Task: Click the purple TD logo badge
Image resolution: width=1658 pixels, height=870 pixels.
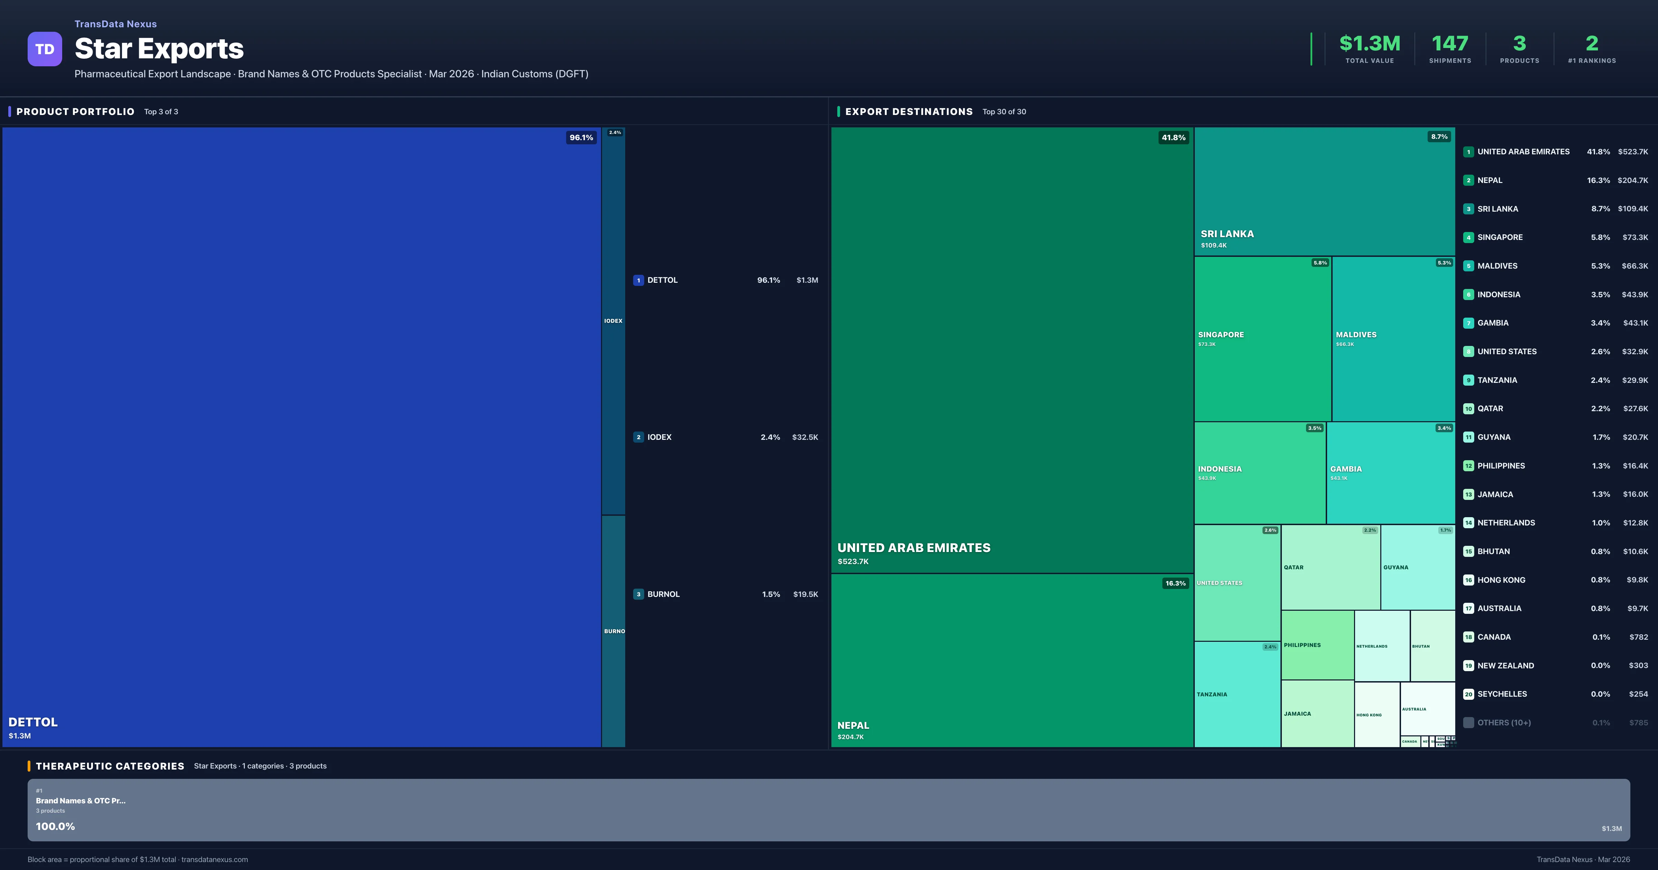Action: click(x=45, y=49)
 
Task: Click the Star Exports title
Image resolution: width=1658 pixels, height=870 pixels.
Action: click(x=159, y=49)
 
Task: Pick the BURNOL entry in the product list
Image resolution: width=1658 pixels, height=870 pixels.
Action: click(x=663, y=594)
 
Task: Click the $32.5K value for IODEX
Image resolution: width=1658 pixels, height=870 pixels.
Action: click(x=804, y=437)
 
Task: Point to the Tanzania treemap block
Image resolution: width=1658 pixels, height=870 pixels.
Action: click(x=1237, y=694)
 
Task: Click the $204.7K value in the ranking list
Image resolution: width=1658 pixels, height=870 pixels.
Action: click(x=1632, y=180)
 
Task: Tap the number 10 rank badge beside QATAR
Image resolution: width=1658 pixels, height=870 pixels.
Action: click(x=1468, y=409)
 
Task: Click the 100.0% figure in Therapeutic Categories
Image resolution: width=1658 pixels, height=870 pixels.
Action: click(x=55, y=826)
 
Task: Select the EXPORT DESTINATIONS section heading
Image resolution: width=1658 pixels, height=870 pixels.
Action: click(x=908, y=111)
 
